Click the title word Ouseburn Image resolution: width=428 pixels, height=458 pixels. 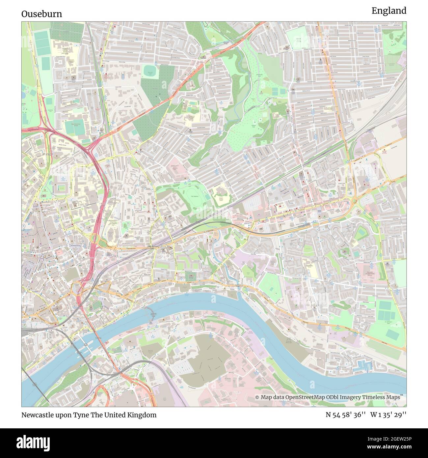[41, 14]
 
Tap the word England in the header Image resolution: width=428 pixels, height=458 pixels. [389, 11]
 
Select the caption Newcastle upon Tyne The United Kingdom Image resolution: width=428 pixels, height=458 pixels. [89, 415]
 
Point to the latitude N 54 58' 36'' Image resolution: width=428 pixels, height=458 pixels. [346, 415]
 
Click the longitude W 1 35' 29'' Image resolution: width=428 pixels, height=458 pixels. [388, 415]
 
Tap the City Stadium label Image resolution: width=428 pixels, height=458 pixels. [196, 197]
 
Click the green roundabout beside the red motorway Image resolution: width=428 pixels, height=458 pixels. [94, 238]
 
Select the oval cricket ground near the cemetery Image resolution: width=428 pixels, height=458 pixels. [151, 71]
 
